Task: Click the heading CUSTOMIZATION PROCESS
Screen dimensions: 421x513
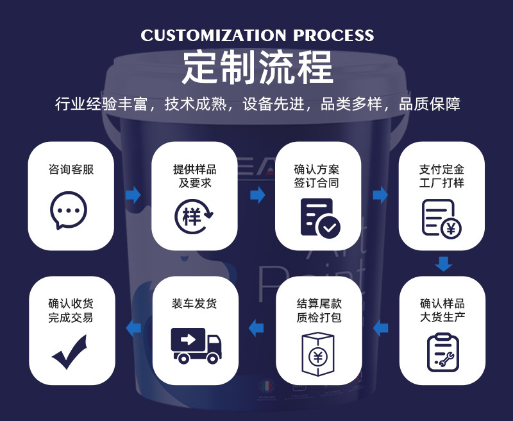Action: [x=257, y=35]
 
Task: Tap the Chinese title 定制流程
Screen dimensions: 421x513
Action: [x=257, y=67]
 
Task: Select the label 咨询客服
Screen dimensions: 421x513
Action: [x=71, y=170]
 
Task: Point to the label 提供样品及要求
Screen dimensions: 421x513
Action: [x=195, y=176]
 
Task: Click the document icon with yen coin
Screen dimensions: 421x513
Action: [x=441, y=218]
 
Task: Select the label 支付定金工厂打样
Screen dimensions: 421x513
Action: [x=441, y=176]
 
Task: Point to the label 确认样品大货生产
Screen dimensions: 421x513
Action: [x=442, y=311]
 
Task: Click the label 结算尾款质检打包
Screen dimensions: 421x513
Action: [x=319, y=311]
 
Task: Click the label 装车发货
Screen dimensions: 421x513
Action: [x=195, y=304]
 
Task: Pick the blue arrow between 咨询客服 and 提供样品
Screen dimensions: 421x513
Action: [x=133, y=195]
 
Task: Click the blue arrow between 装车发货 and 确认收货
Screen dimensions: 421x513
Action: [x=133, y=328]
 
